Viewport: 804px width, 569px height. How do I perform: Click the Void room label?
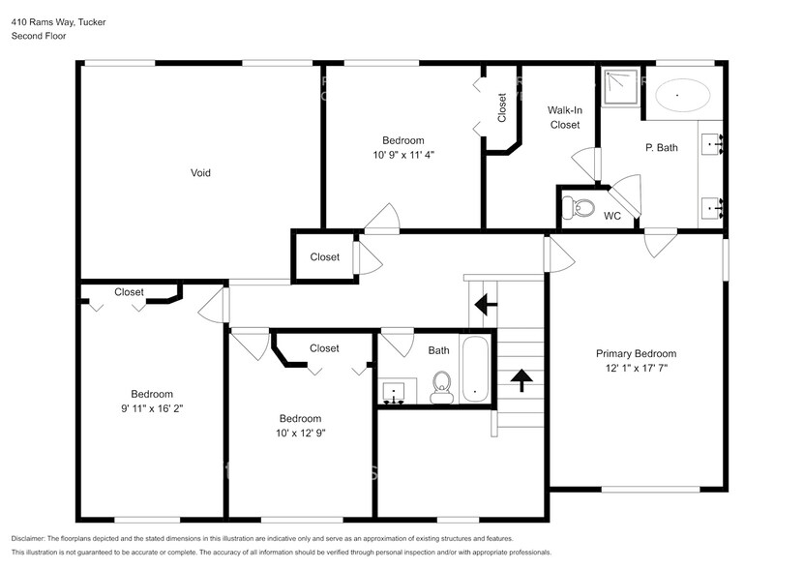[200, 173]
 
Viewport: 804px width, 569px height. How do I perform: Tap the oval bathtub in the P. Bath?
[683, 97]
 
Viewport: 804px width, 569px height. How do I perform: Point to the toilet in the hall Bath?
[442, 385]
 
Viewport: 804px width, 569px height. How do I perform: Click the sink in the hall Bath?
[394, 393]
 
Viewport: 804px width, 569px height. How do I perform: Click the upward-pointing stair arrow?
[521, 379]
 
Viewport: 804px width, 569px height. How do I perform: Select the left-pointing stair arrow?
[485, 306]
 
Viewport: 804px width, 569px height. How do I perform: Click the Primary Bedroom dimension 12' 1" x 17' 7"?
[636, 369]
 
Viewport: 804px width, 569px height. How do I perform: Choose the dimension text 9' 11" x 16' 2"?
[152, 408]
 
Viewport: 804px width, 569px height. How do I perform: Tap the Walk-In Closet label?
[565, 118]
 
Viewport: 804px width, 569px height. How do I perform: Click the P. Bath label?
[661, 148]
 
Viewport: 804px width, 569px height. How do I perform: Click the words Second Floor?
[37, 36]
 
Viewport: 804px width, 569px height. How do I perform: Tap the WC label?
[611, 215]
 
